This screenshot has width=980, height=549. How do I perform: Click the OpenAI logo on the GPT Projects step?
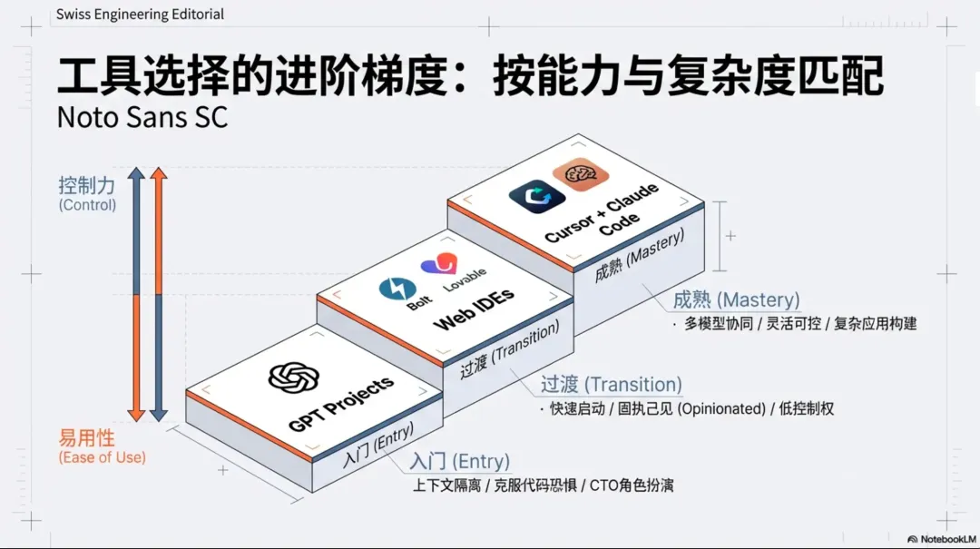(291, 378)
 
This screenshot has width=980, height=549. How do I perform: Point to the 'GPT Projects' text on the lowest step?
(341, 403)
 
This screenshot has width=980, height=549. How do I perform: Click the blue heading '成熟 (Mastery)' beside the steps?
(736, 300)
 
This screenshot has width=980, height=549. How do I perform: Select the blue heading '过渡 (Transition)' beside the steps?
(612, 385)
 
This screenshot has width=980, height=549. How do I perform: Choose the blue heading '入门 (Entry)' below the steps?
(460, 462)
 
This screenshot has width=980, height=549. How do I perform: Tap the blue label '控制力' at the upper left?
(87, 186)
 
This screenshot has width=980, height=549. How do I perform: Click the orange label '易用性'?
(87, 439)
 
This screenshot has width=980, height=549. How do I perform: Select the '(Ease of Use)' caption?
(102, 457)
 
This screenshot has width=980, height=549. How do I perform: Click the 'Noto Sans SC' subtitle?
(142, 117)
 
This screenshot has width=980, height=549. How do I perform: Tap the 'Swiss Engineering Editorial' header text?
(140, 15)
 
